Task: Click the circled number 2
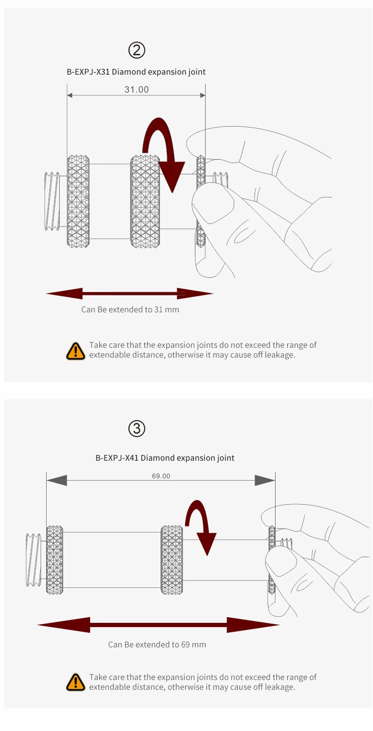tap(137, 50)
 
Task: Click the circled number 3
tap(137, 429)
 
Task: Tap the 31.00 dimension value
tap(136, 89)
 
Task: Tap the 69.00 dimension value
tap(161, 476)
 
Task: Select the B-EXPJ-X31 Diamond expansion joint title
tap(136, 72)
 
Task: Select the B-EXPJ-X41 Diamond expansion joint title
tap(165, 457)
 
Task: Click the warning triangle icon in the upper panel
tap(76, 351)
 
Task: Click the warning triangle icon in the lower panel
tap(76, 682)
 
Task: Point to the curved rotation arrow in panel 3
tap(201, 525)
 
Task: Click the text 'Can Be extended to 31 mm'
tap(130, 310)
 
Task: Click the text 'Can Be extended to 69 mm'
tap(157, 645)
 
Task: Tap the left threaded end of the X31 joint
tap(52, 201)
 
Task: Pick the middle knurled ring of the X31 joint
tap(146, 201)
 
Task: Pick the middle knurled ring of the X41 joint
tap(172, 559)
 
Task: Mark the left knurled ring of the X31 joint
tap(78, 201)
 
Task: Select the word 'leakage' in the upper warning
tap(280, 355)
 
